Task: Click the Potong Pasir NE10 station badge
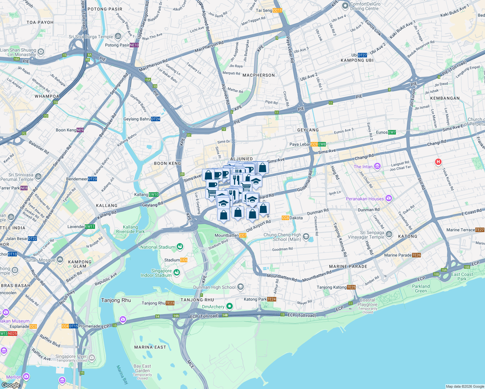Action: coord(134,45)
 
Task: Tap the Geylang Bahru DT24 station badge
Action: coord(156,119)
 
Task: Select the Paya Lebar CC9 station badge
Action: coord(314,144)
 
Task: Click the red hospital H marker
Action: coord(438,162)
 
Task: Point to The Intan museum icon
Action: coord(377,167)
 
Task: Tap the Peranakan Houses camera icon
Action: coord(389,198)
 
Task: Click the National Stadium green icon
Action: coord(180,247)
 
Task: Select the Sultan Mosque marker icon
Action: coord(60,260)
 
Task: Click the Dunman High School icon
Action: coord(240,287)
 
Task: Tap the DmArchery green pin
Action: coord(230,306)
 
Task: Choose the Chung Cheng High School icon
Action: coord(306,237)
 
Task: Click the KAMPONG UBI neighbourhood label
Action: coord(357,60)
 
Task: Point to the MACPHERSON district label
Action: coord(258,75)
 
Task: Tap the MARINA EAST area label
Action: coord(150,347)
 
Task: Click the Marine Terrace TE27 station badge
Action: coord(480,230)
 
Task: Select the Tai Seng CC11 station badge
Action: coord(277,10)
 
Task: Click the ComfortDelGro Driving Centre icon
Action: coord(345,6)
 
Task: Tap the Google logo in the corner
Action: coord(11,385)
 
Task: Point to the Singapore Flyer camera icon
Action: coord(92,358)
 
